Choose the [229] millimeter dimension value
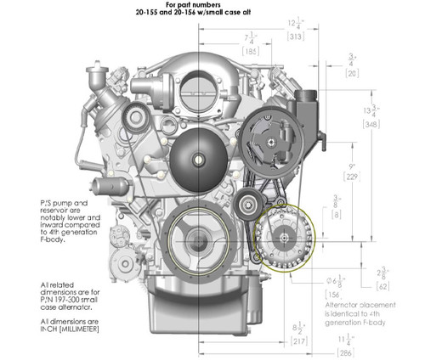click(x=351, y=177)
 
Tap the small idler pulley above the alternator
click(x=249, y=203)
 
